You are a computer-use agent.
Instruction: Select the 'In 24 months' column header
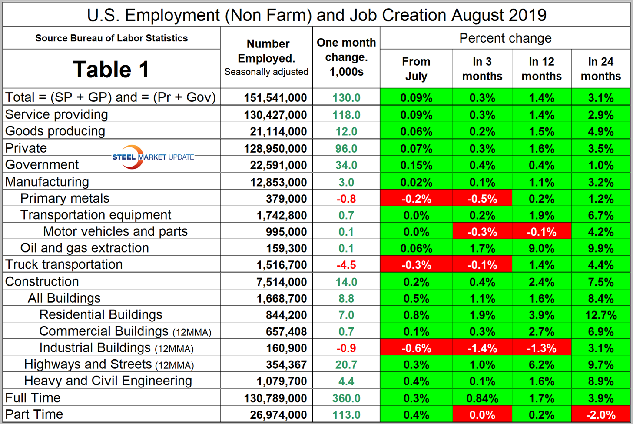(x=600, y=69)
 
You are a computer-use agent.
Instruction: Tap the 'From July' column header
(x=416, y=69)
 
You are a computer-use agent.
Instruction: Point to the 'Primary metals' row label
(x=65, y=198)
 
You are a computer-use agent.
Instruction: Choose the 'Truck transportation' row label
(x=64, y=264)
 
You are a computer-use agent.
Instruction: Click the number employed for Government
(x=278, y=165)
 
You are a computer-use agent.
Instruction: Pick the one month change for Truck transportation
(x=346, y=265)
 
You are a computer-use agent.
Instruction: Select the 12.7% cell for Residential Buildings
(x=600, y=315)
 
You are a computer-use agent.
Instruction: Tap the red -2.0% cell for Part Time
(x=600, y=414)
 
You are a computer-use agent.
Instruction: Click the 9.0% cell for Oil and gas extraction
(x=541, y=248)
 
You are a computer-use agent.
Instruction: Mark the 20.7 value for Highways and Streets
(x=346, y=364)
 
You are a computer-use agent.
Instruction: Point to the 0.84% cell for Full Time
(x=482, y=398)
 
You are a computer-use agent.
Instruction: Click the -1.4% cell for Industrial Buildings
(x=482, y=348)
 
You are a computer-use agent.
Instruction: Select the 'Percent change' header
(x=505, y=38)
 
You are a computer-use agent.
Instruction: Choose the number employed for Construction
(x=282, y=282)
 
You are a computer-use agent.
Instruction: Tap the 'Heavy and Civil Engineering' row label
(x=108, y=381)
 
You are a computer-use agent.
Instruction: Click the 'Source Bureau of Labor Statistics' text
(x=112, y=38)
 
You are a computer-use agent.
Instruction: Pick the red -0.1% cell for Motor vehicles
(x=541, y=232)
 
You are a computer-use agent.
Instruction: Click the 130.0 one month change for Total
(x=346, y=97)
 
